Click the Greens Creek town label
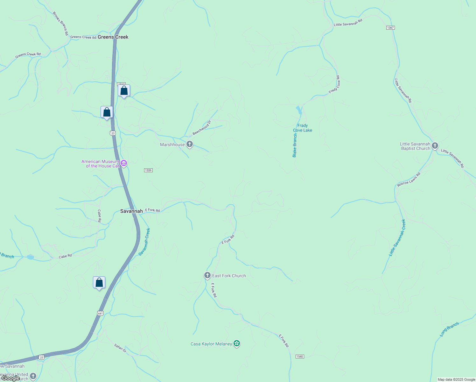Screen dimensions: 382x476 pos(113,37)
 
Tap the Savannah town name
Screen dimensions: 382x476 pos(131,211)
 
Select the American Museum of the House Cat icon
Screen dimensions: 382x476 pos(124,164)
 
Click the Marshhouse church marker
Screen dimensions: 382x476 pos(190,145)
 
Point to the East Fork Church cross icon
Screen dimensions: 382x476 pos(207,275)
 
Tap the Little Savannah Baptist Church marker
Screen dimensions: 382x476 pos(435,146)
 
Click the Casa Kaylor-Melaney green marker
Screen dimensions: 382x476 pos(236,343)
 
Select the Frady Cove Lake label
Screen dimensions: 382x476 pos(302,128)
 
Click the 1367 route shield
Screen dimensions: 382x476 pos(390,28)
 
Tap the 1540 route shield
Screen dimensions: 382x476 pos(300,357)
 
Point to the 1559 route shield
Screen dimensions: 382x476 pos(148,170)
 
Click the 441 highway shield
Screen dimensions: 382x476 pos(101,313)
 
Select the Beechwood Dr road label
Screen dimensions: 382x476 pos(202,128)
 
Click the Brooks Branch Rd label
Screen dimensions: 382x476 pos(60,24)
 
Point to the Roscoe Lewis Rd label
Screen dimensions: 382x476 pos(409,180)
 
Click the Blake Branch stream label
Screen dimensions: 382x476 pos(295,145)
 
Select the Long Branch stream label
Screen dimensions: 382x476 pos(449,329)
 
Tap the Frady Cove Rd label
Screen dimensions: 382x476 pos(334,84)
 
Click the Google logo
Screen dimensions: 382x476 pos(11,378)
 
